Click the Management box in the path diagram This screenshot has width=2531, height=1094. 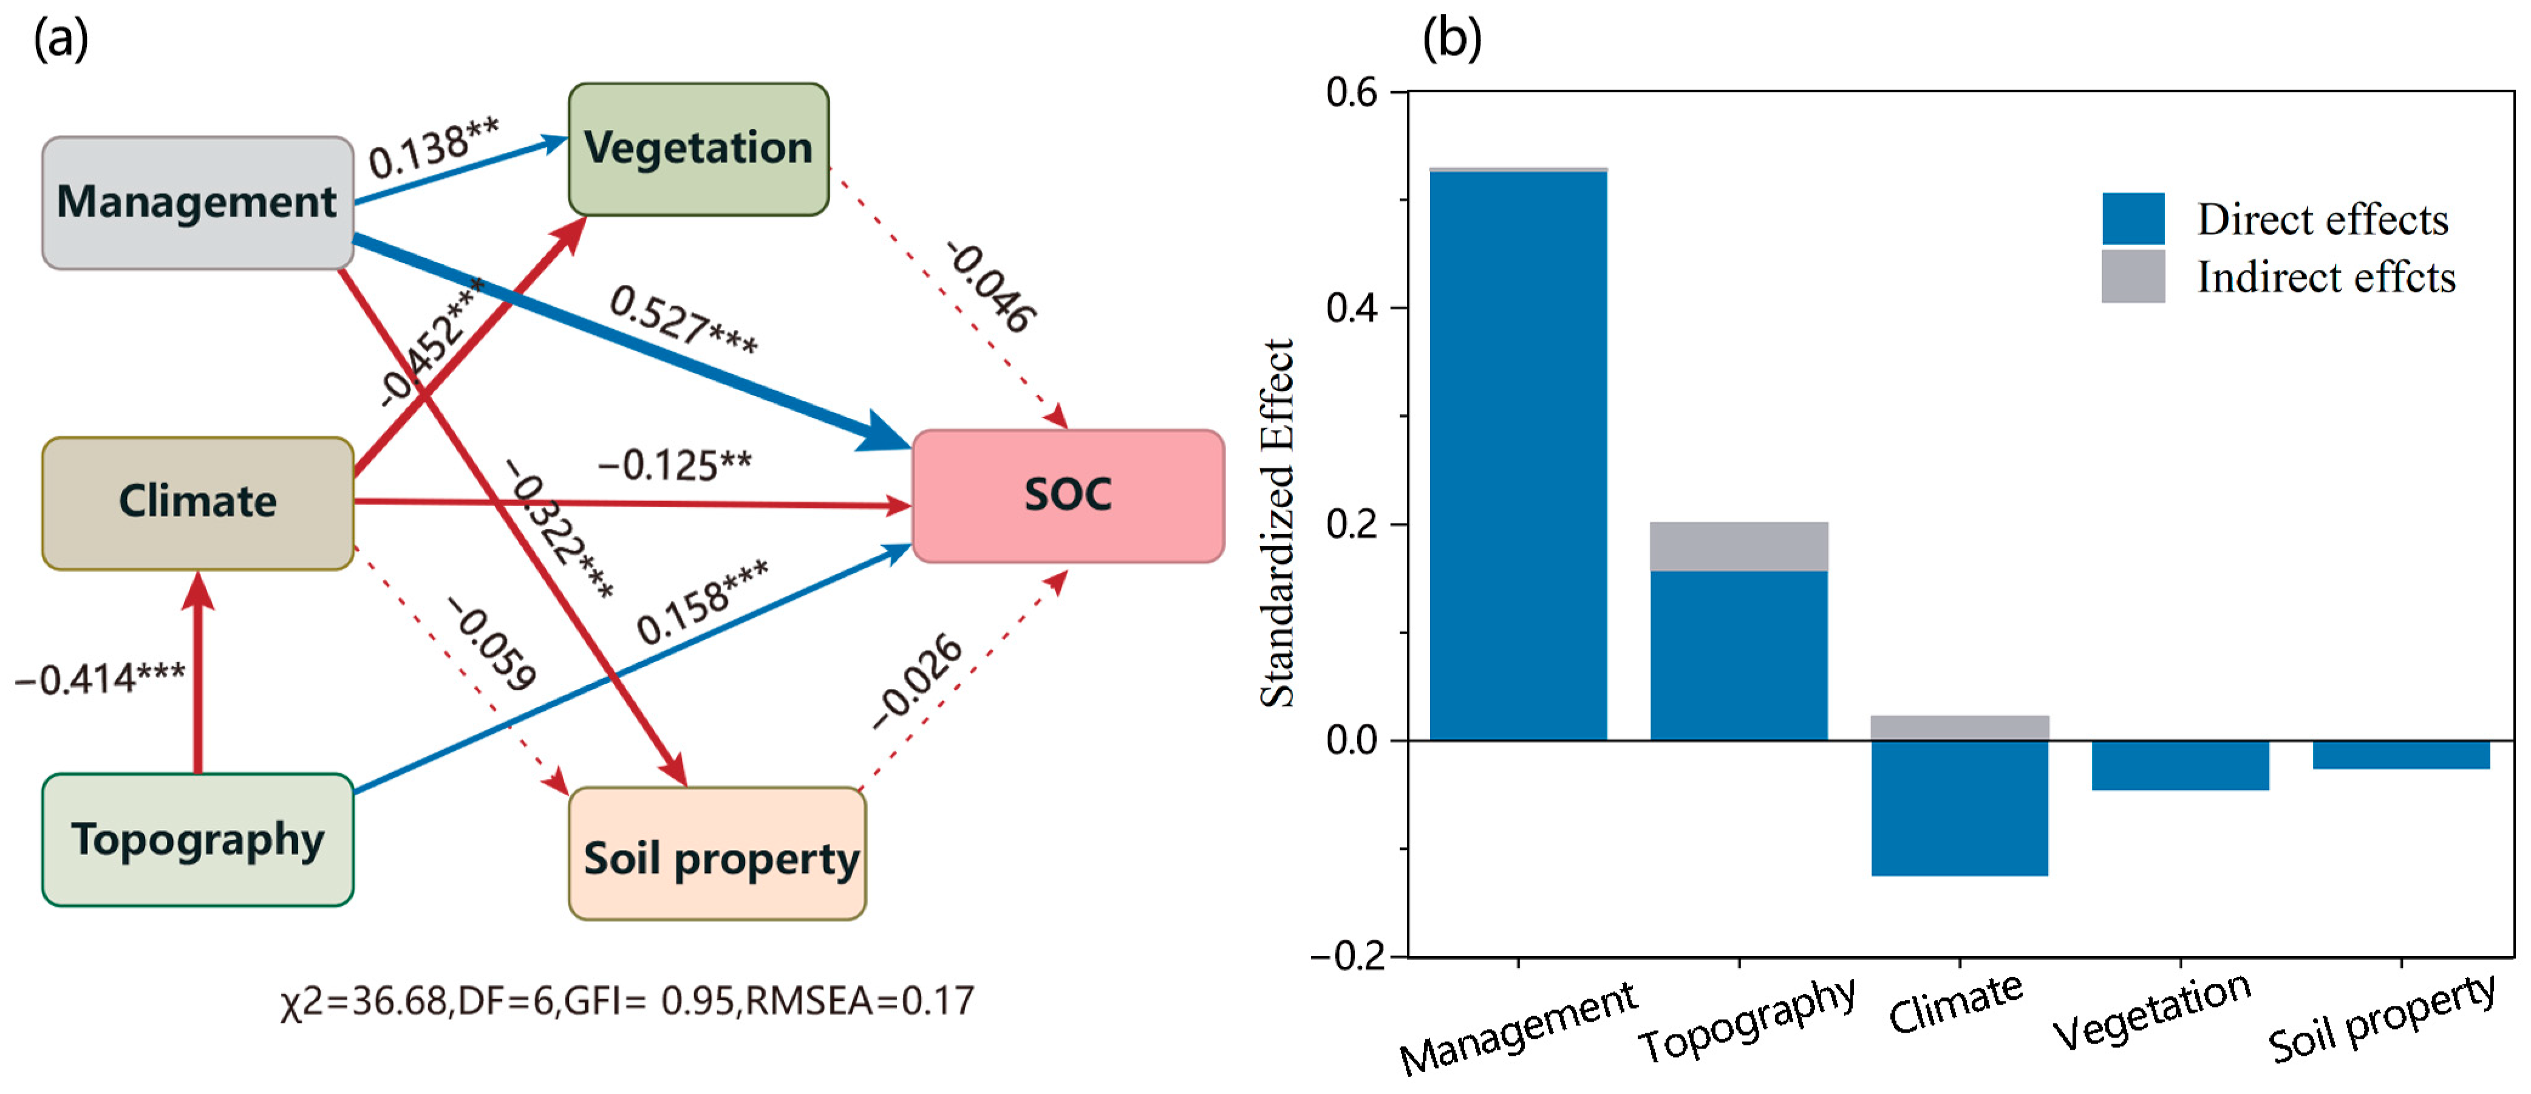[197, 202]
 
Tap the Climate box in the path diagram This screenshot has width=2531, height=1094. [197, 502]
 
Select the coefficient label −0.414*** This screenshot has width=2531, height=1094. [100, 679]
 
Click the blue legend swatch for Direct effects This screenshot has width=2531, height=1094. [2132, 218]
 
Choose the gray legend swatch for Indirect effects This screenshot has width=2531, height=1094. [2132, 276]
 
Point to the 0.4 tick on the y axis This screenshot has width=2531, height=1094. [1352, 307]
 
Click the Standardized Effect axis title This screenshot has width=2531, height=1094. [1277, 523]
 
